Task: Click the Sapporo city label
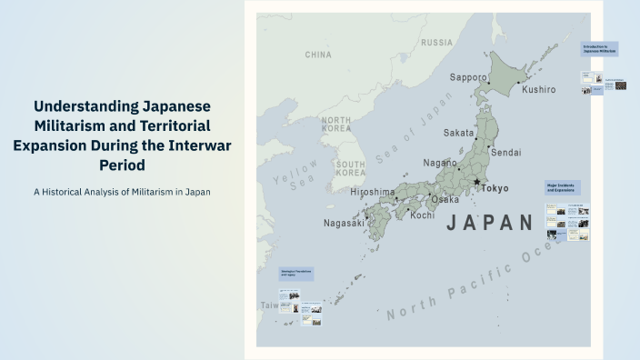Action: [469, 78]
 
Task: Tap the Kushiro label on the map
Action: [538, 89]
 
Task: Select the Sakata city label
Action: [458, 133]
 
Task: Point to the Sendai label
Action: [506, 152]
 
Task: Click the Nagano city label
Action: [440, 163]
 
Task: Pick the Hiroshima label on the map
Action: [373, 193]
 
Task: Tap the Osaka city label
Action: [445, 199]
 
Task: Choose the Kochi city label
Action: [422, 215]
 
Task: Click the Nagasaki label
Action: [344, 223]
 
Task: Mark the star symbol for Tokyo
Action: [476, 183]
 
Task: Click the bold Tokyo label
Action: [495, 189]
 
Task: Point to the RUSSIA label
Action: [436, 43]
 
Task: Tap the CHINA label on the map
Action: [318, 55]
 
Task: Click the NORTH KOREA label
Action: [335, 125]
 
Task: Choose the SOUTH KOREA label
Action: [350, 167]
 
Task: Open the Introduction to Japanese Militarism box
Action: [601, 49]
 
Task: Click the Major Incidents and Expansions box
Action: [564, 187]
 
